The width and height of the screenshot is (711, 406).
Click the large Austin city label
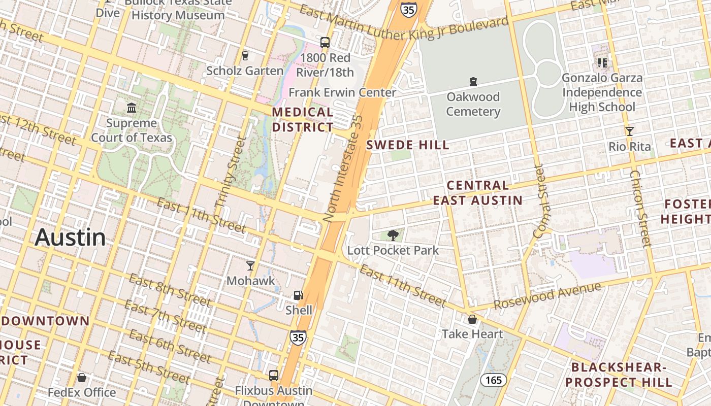pos(70,238)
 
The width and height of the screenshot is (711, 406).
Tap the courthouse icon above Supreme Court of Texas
pos(132,108)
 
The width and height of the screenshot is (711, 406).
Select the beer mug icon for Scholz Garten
pos(245,55)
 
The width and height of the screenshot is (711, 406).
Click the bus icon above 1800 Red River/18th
pos(325,43)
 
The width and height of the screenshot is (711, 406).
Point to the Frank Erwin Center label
pos(342,92)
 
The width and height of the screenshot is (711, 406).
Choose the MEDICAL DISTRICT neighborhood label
pos(303,119)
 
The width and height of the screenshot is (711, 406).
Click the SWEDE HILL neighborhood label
pos(408,145)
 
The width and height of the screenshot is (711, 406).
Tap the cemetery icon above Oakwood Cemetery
pos(473,81)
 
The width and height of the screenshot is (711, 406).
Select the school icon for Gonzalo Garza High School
pos(602,62)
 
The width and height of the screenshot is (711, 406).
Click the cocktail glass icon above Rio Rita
pos(630,131)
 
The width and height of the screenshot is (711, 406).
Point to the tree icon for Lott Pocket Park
pos(393,235)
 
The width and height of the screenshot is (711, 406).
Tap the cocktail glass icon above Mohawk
pos(250,265)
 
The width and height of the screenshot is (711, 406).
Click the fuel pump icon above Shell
pos(299,295)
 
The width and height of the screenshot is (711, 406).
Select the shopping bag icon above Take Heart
pos(472,319)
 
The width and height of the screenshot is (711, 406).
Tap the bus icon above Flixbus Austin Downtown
pos(274,376)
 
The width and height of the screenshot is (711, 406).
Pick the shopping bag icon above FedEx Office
pos(82,378)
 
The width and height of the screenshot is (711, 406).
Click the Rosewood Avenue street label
pos(547,296)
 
